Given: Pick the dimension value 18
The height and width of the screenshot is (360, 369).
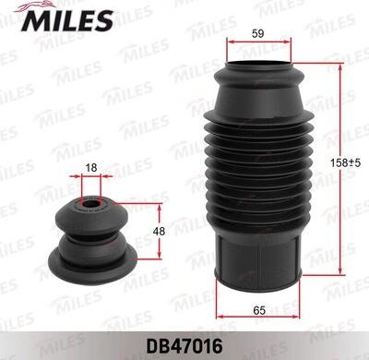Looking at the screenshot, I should click(89, 168).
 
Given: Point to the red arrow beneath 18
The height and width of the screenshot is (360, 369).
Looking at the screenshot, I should click(90, 177).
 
